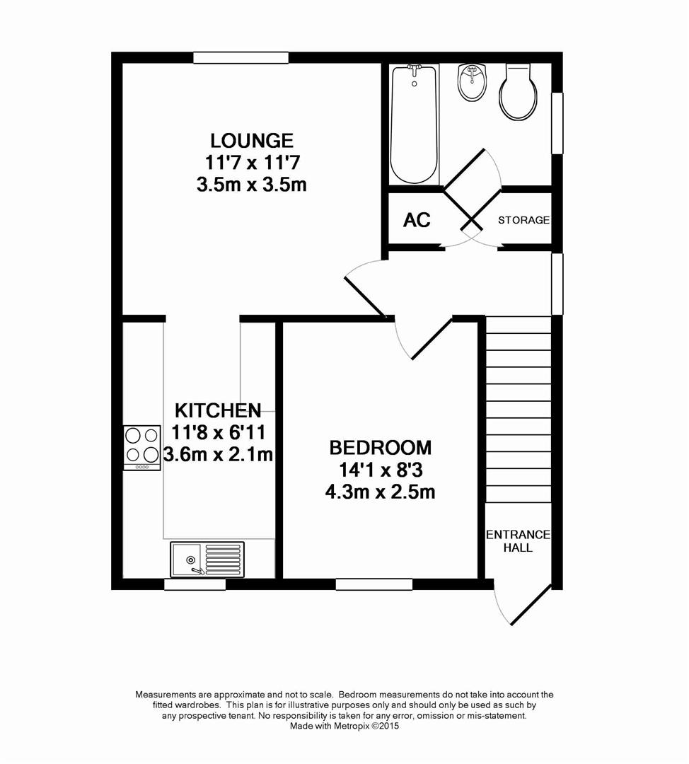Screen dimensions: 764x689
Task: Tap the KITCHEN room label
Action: (x=218, y=410)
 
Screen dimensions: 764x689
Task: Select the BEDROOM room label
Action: (x=380, y=448)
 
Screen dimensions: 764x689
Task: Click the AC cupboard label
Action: (x=417, y=220)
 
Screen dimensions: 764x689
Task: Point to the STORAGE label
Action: (x=523, y=220)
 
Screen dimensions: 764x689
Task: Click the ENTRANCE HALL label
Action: (x=517, y=540)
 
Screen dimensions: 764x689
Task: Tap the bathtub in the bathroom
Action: (x=415, y=124)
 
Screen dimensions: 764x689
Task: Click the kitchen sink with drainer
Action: (x=207, y=559)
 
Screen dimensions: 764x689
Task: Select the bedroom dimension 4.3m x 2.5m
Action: (x=380, y=492)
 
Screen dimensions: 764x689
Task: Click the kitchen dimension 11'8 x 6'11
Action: (x=218, y=432)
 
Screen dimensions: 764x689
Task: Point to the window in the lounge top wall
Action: (x=241, y=58)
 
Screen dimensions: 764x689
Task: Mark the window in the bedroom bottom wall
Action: (x=374, y=584)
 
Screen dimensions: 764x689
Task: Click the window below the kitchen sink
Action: (x=195, y=584)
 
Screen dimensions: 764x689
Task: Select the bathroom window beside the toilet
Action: (x=557, y=123)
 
